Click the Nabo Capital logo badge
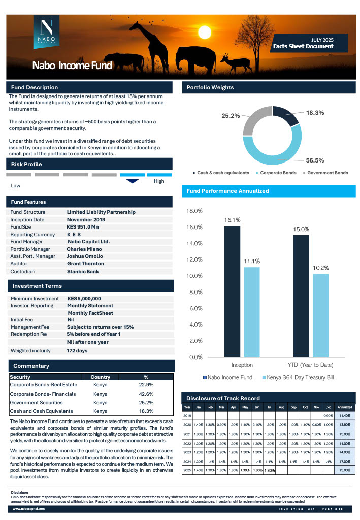[46, 32]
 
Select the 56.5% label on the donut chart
[314, 160]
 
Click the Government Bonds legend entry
[328, 173]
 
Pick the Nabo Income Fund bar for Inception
[232, 291]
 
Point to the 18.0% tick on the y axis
[195, 211]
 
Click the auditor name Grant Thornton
[85, 264]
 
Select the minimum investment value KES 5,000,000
[84, 299]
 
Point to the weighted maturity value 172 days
[77, 351]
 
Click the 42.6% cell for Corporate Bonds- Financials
[146, 394]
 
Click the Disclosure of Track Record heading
[223, 398]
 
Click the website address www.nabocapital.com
[29, 508]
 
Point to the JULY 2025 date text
[322, 40]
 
